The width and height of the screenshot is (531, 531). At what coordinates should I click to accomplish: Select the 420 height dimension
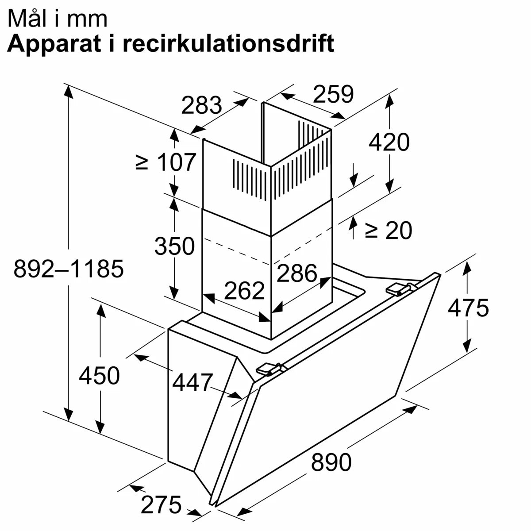pyautogui.click(x=389, y=142)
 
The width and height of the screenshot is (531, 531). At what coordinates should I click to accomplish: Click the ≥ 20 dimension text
pyautogui.click(x=388, y=230)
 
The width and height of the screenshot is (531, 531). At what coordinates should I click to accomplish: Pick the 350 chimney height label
pyautogui.click(x=174, y=246)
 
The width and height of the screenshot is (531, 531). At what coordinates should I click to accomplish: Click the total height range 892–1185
pyautogui.click(x=68, y=269)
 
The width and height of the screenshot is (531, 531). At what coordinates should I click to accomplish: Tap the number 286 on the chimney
pyautogui.click(x=297, y=273)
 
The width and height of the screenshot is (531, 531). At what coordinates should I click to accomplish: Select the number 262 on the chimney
pyautogui.click(x=244, y=291)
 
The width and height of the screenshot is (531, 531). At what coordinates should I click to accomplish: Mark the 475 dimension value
pyautogui.click(x=468, y=308)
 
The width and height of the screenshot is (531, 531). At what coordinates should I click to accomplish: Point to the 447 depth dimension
pyautogui.click(x=192, y=382)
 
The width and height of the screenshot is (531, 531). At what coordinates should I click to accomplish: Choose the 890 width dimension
pyautogui.click(x=331, y=463)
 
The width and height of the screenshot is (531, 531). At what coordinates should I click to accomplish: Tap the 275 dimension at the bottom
pyautogui.click(x=161, y=504)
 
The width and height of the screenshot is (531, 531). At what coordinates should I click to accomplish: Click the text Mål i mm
pyautogui.click(x=58, y=19)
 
